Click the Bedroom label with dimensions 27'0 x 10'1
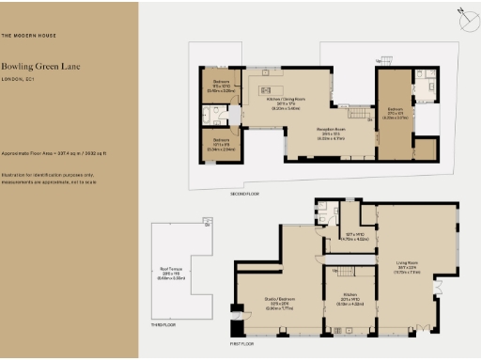point(396,115)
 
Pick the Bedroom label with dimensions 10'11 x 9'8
point(218,146)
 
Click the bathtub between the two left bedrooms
point(207,117)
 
